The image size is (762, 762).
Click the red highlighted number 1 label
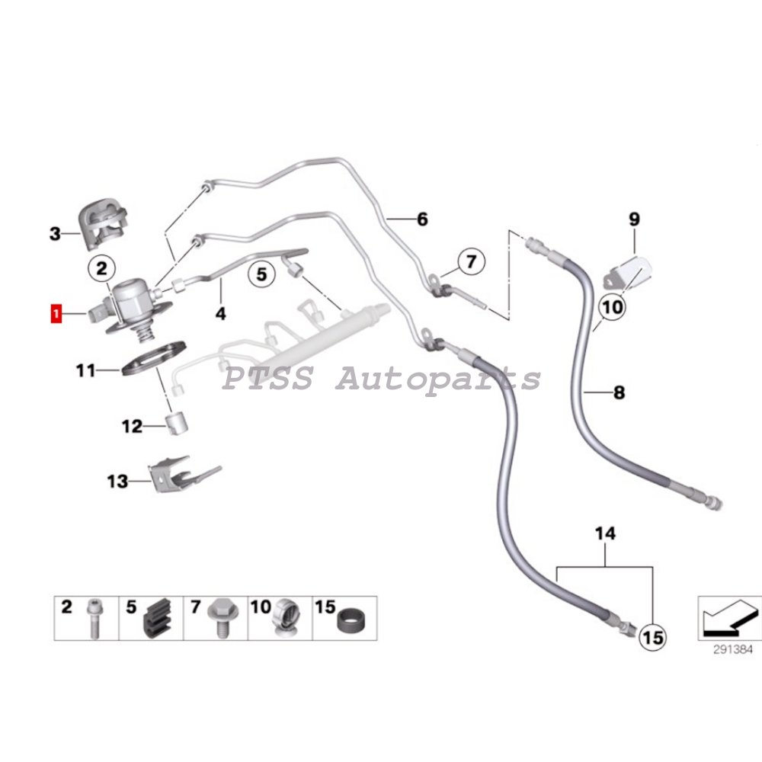tap(56, 313)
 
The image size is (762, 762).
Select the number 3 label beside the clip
tap(55, 234)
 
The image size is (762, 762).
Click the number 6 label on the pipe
tap(421, 220)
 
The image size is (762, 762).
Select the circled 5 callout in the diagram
tap(261, 274)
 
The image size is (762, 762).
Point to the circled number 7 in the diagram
tap(471, 263)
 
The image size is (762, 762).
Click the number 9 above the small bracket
tap(634, 219)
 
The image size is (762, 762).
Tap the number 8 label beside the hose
tap(619, 393)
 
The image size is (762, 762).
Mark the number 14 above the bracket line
tap(605, 534)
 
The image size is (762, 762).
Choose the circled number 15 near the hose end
tap(653, 637)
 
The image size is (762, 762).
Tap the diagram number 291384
tap(728, 652)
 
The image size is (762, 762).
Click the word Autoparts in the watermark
tap(437, 378)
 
